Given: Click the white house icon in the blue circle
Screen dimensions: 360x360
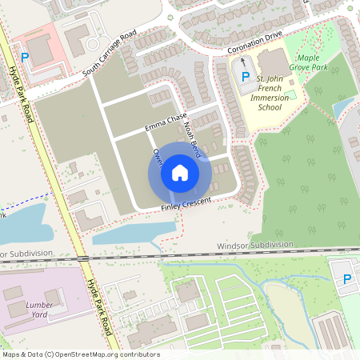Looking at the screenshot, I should [180, 173].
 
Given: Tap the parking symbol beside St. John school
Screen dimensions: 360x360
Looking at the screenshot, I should [245, 77].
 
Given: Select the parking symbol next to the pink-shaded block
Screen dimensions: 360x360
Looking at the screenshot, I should [25, 57].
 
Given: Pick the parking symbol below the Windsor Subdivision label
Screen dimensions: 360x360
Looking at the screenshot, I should [346, 278].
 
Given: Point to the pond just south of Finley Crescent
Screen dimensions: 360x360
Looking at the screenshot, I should [134, 232].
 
